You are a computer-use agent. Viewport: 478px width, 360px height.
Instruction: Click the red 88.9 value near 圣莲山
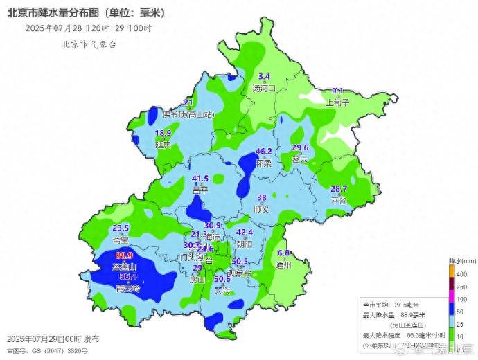pyautogui.click(x=125, y=255)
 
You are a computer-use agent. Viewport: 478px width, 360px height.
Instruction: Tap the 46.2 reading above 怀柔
pyautogui.click(x=264, y=152)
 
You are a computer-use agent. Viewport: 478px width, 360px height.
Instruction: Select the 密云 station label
pyautogui.click(x=300, y=158)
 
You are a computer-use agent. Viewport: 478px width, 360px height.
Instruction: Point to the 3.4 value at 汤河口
pyautogui.click(x=264, y=76)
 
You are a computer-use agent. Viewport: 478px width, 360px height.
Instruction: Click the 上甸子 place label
pyautogui.click(x=337, y=101)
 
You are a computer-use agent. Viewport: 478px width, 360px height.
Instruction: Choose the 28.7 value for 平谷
pyautogui.click(x=339, y=189)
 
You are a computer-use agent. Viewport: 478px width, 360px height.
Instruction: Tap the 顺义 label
pyautogui.click(x=261, y=208)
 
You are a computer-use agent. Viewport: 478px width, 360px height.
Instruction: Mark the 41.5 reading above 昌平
pyautogui.click(x=200, y=179)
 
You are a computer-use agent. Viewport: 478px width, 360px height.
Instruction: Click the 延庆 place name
pyautogui.click(x=163, y=145)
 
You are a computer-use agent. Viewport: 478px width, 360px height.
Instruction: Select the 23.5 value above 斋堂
pyautogui.click(x=121, y=228)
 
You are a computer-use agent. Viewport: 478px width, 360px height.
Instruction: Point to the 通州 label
pyautogui.click(x=283, y=264)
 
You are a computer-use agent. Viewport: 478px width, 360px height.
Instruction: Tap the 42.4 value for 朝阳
pyautogui.click(x=245, y=233)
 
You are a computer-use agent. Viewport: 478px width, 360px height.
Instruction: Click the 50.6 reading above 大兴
pyautogui.click(x=222, y=279)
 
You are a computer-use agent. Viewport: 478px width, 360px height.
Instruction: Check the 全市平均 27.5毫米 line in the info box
pyautogui.click(x=392, y=305)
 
